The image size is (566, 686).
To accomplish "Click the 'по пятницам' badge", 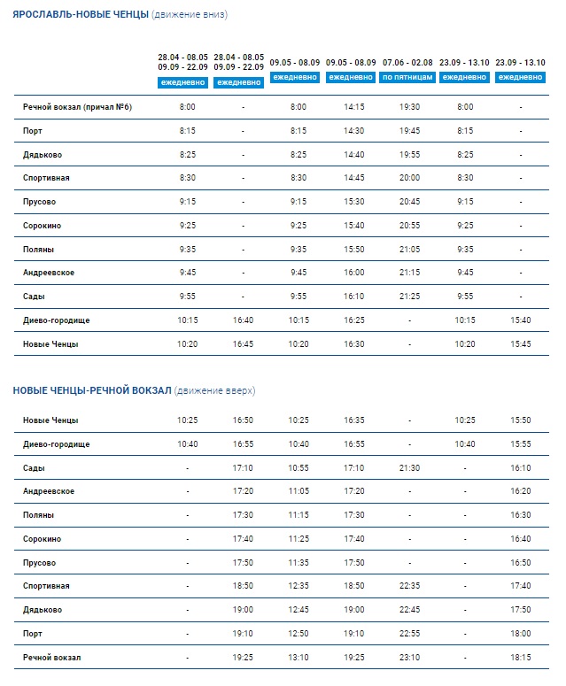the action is tap(407, 77).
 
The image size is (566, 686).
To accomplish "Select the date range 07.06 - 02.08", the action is tap(407, 63).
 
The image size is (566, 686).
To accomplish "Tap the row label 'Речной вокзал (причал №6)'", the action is tap(77, 107).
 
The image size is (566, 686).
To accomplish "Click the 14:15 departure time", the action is tap(353, 107).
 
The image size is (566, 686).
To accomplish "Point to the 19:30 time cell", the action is tap(409, 107).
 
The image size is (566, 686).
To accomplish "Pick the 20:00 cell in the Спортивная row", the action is tap(409, 178).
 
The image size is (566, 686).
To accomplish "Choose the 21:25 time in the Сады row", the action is tap(409, 297).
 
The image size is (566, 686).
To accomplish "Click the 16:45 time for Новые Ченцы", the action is tap(243, 343).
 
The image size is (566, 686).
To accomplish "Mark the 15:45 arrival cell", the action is tap(521, 343).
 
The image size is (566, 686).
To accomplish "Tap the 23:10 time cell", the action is tap(409, 657).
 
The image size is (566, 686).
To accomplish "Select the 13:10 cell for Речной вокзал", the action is tap(299, 657).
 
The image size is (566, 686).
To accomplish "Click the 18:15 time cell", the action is tap(521, 657).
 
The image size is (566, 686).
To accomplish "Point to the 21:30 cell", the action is tap(409, 467).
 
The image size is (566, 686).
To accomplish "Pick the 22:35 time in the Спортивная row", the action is tap(409, 585).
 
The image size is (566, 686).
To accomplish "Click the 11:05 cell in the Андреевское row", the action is tap(299, 491).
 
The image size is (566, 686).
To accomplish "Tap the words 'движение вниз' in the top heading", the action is tap(190, 14).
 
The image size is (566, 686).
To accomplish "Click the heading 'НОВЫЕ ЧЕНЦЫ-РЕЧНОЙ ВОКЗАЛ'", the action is tap(92, 390).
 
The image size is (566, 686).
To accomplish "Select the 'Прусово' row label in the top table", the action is tap(39, 202).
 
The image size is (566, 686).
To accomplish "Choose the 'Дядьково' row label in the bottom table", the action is tap(43, 610).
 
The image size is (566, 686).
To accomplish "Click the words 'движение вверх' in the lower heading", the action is tap(214, 390).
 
